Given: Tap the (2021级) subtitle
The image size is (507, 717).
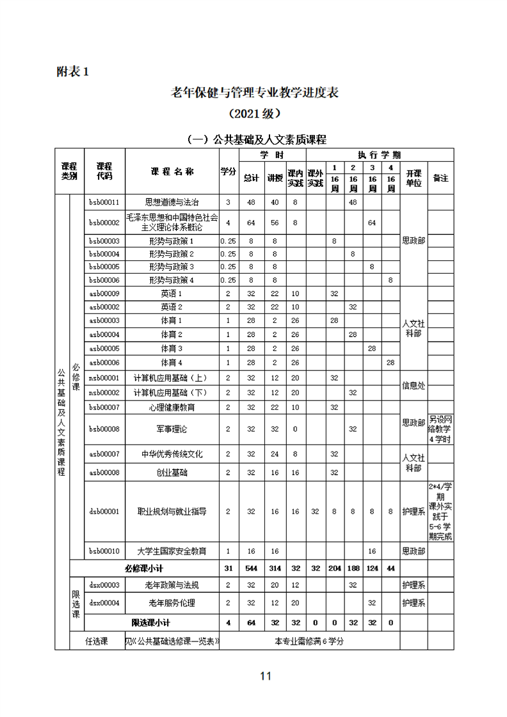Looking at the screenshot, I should coord(254,114).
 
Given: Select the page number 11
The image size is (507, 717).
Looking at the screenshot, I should coord(266,676).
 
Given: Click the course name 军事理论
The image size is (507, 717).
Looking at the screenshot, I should coord(172,429).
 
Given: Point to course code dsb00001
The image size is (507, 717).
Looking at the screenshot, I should coord(104,511).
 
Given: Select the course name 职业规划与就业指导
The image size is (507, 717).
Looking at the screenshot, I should coord(172,511).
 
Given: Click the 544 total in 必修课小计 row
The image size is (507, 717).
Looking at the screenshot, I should coord(252,569).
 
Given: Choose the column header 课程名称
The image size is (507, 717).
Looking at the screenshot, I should coord(172,171).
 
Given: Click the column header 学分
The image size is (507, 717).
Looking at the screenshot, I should coord(229,171).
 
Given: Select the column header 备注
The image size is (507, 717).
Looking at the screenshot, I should coord(440,178).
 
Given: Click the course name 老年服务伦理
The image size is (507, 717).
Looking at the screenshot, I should coord(172,603).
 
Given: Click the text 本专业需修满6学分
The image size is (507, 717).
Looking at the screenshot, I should coord(309,641).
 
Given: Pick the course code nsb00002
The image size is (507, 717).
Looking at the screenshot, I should coord(104,392).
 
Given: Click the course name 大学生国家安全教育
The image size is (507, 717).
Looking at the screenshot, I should coord(172,551).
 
